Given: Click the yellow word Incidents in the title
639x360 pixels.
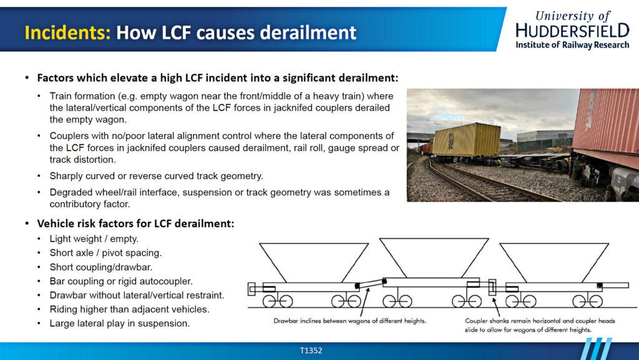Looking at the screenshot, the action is (67, 32).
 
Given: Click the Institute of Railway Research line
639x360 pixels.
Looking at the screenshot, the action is (573, 45).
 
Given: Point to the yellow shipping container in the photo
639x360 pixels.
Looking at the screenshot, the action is (467, 140).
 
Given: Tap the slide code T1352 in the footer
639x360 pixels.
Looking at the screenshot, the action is (311, 350).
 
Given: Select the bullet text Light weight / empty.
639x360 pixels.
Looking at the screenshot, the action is (94, 238).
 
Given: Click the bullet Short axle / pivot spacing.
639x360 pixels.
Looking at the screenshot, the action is (105, 253).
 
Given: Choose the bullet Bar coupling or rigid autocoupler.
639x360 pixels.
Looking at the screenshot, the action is (121, 281).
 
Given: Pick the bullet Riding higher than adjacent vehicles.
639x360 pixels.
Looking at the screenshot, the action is (130, 309).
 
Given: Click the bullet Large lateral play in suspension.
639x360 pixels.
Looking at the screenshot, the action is (120, 323).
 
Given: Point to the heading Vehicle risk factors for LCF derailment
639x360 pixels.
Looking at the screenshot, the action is (135, 223).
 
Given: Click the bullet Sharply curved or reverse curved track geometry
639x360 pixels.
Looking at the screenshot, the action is (157, 176).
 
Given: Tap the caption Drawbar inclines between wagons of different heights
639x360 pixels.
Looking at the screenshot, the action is (349, 321).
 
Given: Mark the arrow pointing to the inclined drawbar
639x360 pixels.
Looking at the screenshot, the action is (364, 302).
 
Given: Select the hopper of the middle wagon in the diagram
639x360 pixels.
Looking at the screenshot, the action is (434, 258).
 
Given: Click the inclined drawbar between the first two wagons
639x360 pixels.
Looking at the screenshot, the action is (371, 284).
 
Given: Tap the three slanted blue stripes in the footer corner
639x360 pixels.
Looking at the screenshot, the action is (596, 349).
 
